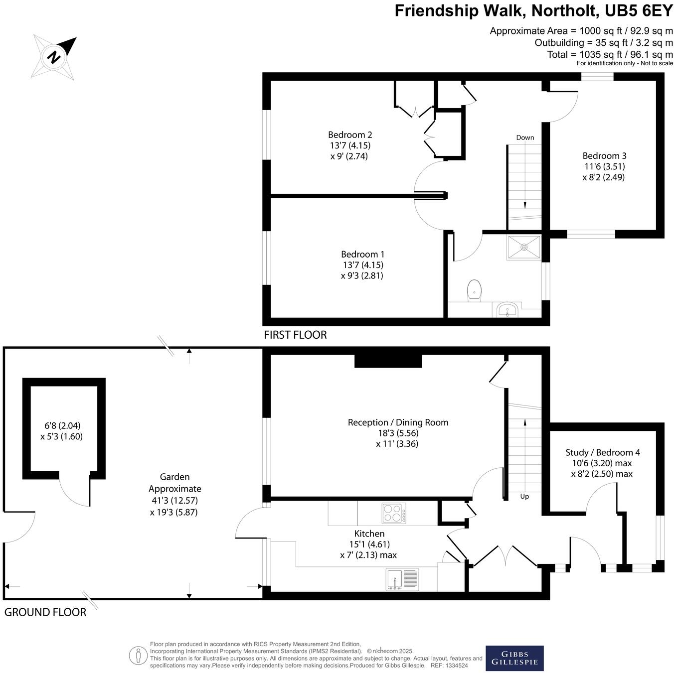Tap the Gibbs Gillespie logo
[514, 658]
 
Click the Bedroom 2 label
[350, 135]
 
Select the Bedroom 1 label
[362, 254]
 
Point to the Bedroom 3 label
[603, 155]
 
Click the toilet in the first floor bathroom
[474, 290]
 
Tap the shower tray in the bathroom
[524, 247]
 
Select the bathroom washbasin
[507, 310]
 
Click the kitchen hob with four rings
[394, 514]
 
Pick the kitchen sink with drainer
[402, 580]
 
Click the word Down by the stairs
[525, 137]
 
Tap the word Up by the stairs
[524, 496]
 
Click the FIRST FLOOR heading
[295, 335]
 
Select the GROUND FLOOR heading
[45, 612]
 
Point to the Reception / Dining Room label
[398, 422]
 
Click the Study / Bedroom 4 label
[602, 452]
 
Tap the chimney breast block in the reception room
[388, 361]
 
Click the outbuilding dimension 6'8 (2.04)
[62, 425]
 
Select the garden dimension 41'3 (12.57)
[174, 500]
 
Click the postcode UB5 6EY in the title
[637, 11]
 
